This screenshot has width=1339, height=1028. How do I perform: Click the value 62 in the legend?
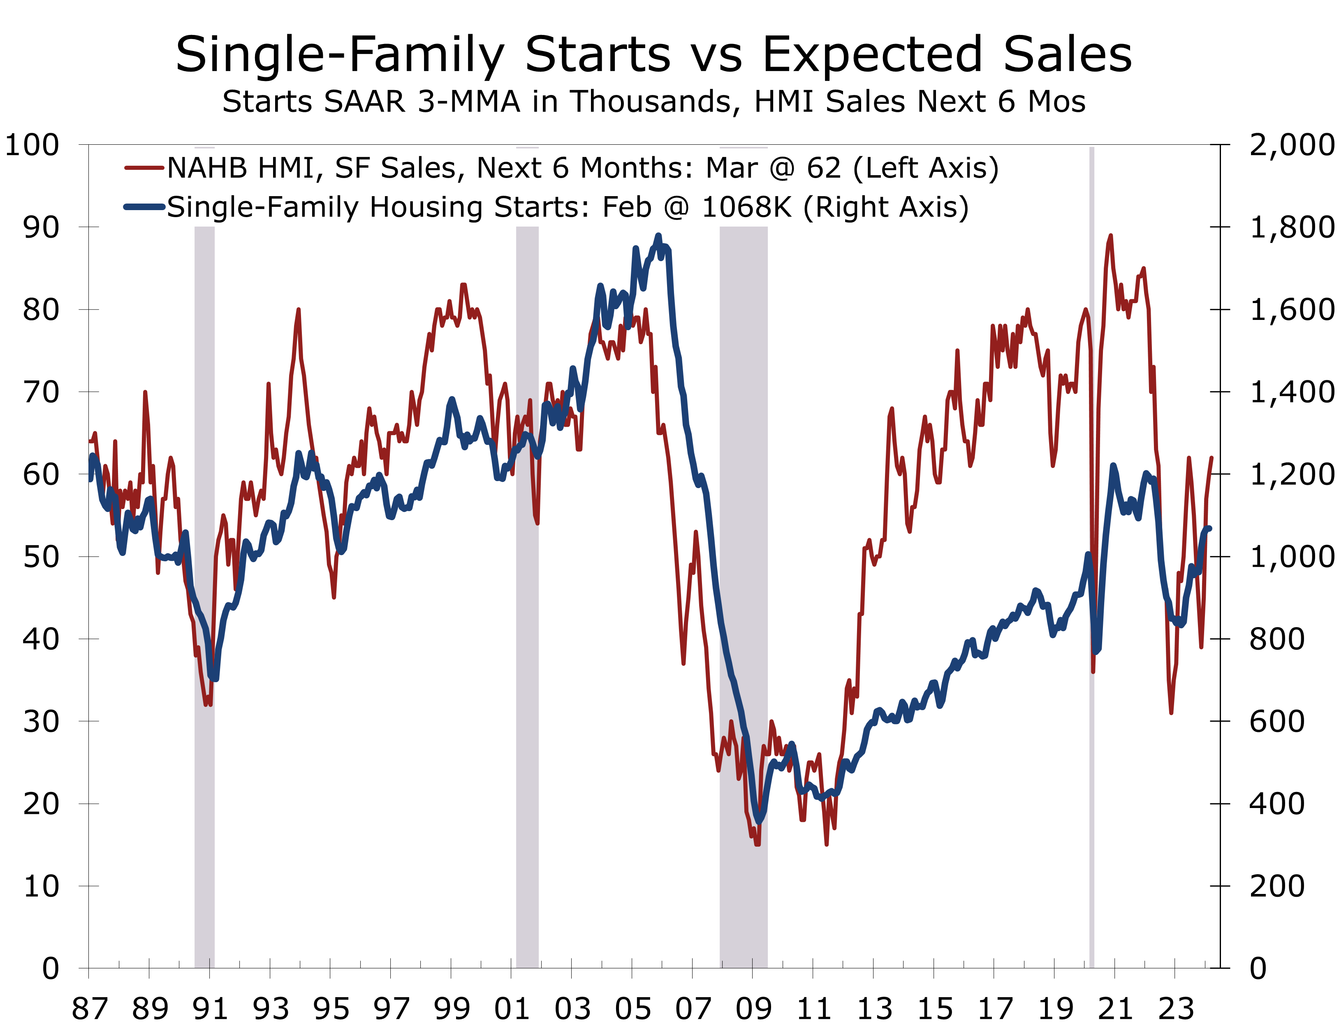[824, 168]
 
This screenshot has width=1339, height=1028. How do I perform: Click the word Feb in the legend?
[628, 207]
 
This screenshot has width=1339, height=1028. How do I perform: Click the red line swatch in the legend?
[144, 168]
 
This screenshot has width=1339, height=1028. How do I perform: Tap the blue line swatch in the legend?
[144, 207]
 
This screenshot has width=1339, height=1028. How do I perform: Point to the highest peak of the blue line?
[658, 236]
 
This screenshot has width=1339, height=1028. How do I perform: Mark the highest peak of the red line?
[1110, 236]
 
